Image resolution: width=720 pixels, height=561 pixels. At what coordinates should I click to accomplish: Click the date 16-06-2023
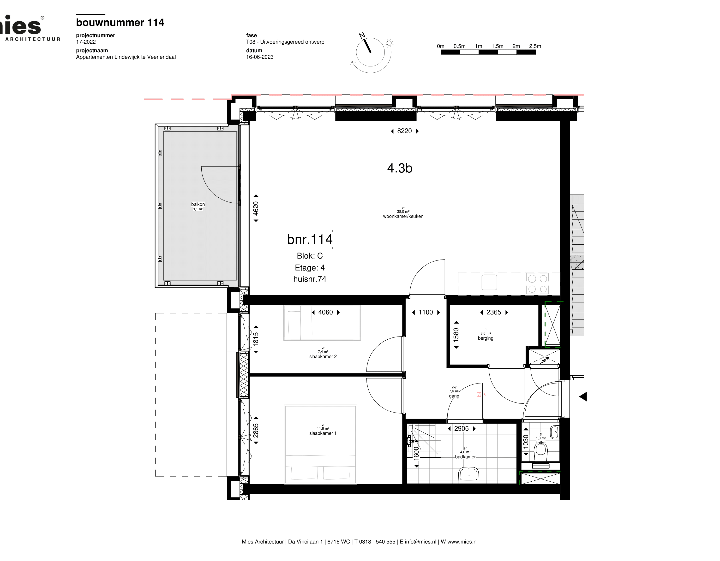coord(260,57)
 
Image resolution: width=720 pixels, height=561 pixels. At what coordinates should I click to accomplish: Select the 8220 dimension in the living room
coord(404,131)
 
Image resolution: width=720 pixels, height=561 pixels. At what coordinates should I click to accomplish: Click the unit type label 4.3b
coord(400,168)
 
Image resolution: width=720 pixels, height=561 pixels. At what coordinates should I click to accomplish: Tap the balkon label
coord(198,204)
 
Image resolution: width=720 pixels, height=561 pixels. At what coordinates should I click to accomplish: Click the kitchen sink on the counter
coord(489,282)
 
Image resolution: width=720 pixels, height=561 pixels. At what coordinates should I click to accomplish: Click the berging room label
coord(486,338)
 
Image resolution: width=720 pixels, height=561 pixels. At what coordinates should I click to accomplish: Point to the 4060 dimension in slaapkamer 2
coord(325,312)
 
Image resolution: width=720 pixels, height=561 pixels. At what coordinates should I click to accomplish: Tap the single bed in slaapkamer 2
coord(322,323)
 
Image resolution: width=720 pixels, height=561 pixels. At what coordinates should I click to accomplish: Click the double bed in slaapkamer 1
coord(320,444)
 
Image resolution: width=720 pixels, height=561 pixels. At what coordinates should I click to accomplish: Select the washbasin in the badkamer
coord(468,475)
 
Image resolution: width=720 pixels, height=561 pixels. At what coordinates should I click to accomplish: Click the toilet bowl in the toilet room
coord(541,453)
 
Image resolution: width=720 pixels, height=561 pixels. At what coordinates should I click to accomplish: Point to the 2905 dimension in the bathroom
coord(461,429)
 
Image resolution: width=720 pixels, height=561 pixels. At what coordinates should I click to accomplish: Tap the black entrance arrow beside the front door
coord(583,397)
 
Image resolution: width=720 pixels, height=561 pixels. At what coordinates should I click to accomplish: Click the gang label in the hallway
coord(454,396)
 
